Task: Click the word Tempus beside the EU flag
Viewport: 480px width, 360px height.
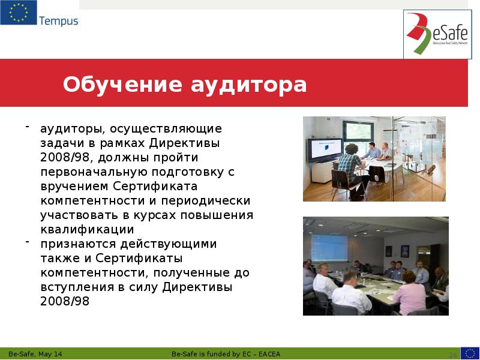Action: [58, 22]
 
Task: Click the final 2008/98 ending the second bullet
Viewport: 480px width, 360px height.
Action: [64, 301]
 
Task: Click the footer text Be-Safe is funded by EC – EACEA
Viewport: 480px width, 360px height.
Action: [226, 354]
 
